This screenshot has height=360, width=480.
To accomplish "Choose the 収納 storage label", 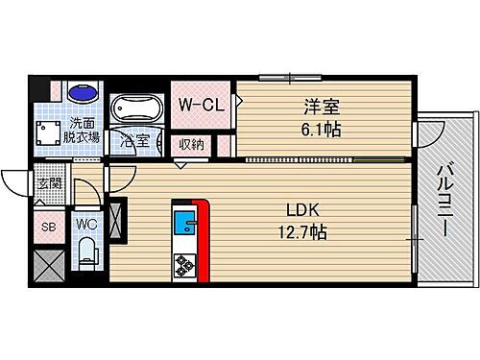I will [191, 145].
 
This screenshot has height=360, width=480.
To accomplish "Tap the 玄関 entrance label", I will [48, 184].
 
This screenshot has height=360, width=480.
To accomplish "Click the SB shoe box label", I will [47, 228].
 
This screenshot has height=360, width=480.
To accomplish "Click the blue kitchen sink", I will [183, 226].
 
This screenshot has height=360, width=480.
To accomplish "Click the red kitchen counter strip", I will [202, 240].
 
